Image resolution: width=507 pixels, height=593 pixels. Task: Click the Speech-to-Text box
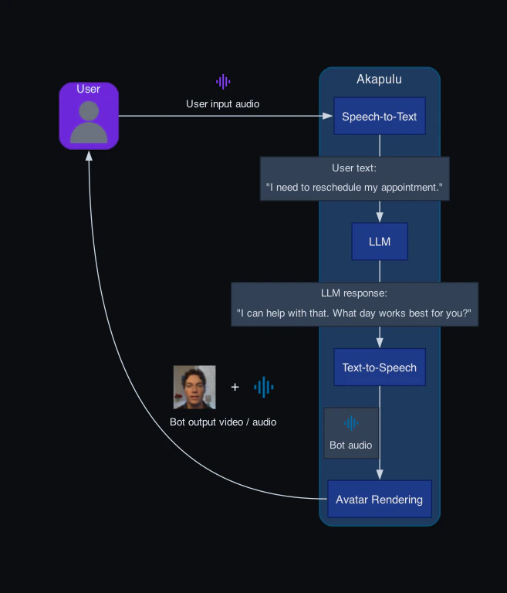pyautogui.click(x=379, y=117)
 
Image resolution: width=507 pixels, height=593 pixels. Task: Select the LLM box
pyautogui.click(x=379, y=242)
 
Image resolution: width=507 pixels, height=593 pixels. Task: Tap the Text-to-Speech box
pyautogui.click(x=379, y=368)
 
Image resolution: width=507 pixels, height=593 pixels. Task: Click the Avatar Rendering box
pyautogui.click(x=379, y=500)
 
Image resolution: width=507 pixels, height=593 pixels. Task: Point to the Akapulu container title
pyautogui.click(x=379, y=80)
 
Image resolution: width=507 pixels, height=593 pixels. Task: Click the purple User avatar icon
pyautogui.click(x=89, y=123)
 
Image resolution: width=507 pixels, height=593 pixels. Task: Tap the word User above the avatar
pyautogui.click(x=89, y=90)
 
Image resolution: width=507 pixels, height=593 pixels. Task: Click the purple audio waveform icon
pyautogui.click(x=223, y=82)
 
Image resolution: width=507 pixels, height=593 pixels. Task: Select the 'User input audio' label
pyautogui.click(x=223, y=103)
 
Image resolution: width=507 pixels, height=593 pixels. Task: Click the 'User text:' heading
pyautogui.click(x=354, y=168)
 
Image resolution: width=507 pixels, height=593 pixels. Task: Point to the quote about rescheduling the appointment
pyautogui.click(x=354, y=187)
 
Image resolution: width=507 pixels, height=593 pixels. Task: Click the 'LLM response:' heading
pyautogui.click(x=354, y=293)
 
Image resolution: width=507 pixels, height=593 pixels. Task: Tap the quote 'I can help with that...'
pyautogui.click(x=354, y=313)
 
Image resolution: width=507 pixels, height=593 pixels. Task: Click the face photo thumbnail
pyautogui.click(x=194, y=387)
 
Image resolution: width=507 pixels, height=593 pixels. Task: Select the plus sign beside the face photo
pyautogui.click(x=235, y=387)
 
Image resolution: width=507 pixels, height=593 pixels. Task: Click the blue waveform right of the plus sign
pyautogui.click(x=264, y=387)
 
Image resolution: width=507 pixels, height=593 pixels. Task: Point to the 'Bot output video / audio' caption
pyautogui.click(x=223, y=422)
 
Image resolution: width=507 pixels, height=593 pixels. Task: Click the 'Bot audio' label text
pyautogui.click(x=351, y=446)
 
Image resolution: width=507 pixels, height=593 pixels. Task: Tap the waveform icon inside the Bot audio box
pyautogui.click(x=351, y=423)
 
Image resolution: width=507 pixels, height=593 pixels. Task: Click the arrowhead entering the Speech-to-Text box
pyautogui.click(x=327, y=117)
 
